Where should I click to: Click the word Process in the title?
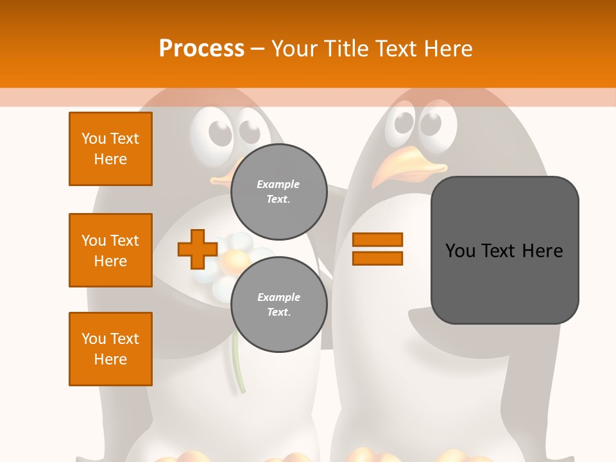(201, 49)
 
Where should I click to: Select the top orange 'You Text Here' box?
(110, 149)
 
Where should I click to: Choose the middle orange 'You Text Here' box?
(110, 250)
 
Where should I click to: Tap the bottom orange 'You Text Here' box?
(110, 348)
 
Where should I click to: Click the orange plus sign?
(197, 250)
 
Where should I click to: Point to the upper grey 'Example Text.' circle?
(278, 191)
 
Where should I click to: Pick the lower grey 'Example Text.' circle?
(278, 304)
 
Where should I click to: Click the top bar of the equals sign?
(377, 239)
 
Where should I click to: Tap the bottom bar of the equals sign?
(377, 259)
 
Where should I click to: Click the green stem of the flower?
(239, 363)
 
